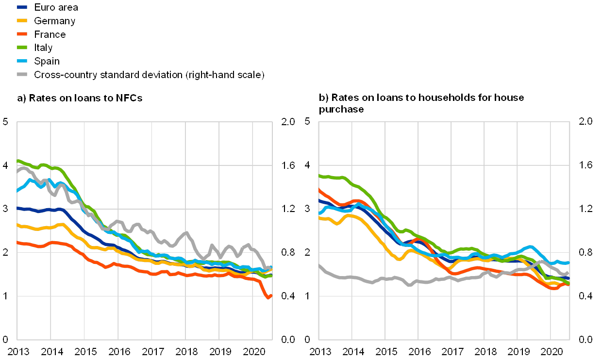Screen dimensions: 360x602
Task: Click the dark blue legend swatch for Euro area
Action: (x=22, y=7)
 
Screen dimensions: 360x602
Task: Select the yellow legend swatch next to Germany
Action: (x=22, y=21)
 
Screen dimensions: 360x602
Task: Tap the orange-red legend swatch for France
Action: (x=22, y=34)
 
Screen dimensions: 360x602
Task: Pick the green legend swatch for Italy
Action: (x=22, y=48)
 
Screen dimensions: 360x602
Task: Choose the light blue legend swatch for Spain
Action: (x=22, y=61)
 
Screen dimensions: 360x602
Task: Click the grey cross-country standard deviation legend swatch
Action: (x=22, y=75)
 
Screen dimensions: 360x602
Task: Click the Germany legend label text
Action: (x=54, y=21)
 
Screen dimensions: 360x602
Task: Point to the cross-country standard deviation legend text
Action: (x=149, y=75)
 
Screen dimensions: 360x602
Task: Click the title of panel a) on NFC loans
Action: (x=80, y=98)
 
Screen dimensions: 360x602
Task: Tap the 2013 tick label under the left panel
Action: (x=17, y=351)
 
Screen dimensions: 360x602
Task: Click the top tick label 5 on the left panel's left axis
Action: (x=6, y=121)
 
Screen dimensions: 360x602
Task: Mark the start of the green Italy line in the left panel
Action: (x=18, y=160)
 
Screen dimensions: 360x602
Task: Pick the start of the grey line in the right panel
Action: (x=319, y=266)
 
